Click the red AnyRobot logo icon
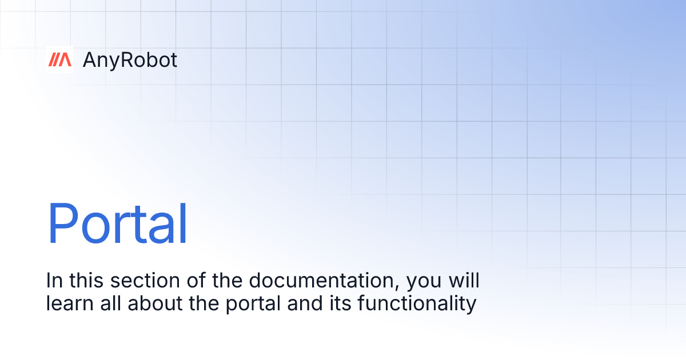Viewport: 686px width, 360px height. [59, 59]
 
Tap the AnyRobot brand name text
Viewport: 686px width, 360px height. [130, 60]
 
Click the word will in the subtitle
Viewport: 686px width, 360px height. [463, 281]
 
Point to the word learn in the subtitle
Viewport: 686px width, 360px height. [69, 303]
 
